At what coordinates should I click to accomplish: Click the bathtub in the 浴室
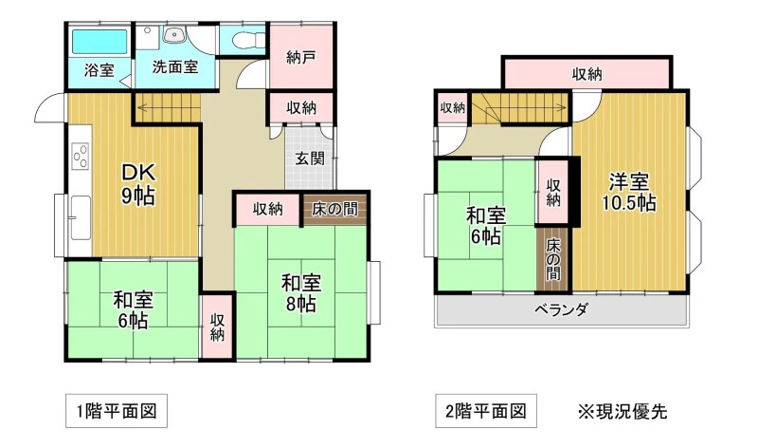coord(99,42)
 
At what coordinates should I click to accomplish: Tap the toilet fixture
coord(249,40)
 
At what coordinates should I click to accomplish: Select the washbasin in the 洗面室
coord(174,35)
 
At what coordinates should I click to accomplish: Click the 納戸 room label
coord(301,57)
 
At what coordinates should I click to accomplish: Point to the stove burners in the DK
coord(81,155)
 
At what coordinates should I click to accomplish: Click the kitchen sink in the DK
coord(81,217)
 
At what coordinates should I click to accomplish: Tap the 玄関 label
coord(310,159)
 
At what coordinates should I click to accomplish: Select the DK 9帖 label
coord(137,184)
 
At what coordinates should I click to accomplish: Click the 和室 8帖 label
coord(301,293)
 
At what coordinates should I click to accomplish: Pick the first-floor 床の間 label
coord(334,209)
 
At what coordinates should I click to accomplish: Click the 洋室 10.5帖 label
coord(628,193)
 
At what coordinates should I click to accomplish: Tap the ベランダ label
coord(561,308)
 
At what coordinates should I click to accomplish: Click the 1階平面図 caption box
coord(117,411)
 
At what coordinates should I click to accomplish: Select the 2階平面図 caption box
coord(486,411)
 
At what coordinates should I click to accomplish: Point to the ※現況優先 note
coord(623,412)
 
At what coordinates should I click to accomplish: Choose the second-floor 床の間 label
coord(553,260)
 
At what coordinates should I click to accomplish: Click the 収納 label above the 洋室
coord(587,74)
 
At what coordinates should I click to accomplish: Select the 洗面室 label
coord(175,66)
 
